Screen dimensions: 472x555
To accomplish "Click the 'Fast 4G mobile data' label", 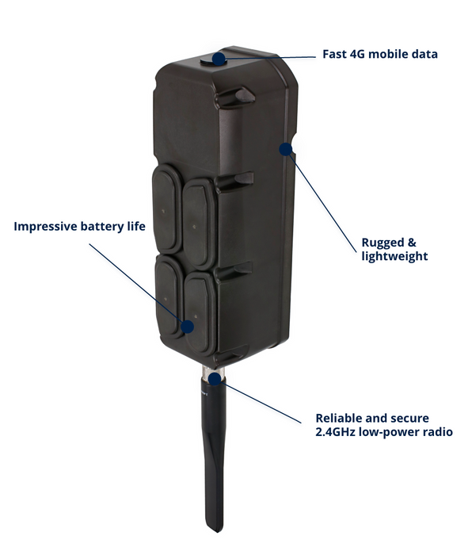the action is [x=380, y=54].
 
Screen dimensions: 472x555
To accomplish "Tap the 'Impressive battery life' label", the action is [x=79, y=226].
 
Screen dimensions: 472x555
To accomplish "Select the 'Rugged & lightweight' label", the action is [x=394, y=249].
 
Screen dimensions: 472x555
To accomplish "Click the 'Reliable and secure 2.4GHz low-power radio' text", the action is [x=384, y=425].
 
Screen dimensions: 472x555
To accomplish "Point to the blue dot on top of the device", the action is [x=219, y=59].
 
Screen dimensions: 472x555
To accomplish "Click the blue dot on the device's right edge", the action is [x=286, y=149].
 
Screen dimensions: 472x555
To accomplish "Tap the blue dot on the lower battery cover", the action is [x=188, y=327].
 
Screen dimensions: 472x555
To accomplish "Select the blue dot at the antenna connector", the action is [x=215, y=379].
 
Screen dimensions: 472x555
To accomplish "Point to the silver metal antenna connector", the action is [x=212, y=372].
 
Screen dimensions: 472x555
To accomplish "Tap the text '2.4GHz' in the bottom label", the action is [x=335, y=432].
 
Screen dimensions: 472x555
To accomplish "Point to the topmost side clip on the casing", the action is [x=235, y=96].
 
